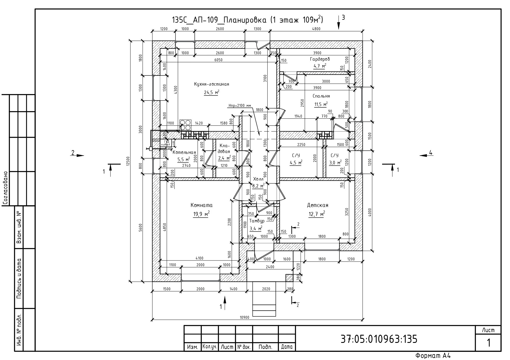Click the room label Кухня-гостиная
(x=211, y=84)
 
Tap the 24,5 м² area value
(x=211, y=93)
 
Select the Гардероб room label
(x=320, y=59)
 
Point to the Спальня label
(x=321, y=96)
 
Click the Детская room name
(x=318, y=205)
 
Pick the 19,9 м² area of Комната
(x=201, y=214)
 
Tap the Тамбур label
(x=257, y=221)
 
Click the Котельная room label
(x=184, y=152)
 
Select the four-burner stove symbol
(x=185, y=125)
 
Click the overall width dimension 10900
(x=244, y=317)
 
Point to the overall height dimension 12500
(x=128, y=161)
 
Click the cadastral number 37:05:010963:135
(x=379, y=339)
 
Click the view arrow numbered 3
(x=339, y=22)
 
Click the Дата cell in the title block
(x=287, y=347)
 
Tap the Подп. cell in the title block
(x=265, y=347)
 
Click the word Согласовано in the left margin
(x=5, y=188)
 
